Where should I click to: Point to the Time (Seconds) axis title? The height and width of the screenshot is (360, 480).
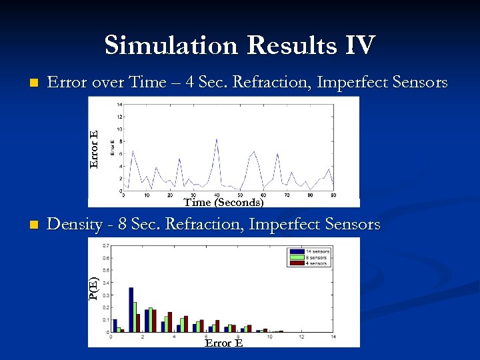click(x=223, y=202)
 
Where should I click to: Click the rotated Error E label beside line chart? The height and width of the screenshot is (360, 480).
click(x=95, y=149)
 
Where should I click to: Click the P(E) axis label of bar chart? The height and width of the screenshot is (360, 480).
click(x=95, y=287)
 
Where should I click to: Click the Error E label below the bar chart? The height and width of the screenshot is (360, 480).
click(x=223, y=343)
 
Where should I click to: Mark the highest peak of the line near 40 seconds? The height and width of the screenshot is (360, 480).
click(x=217, y=139)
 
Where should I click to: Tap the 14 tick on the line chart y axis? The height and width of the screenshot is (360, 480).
click(x=118, y=105)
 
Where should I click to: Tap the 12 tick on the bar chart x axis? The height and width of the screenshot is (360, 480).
click(x=301, y=337)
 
